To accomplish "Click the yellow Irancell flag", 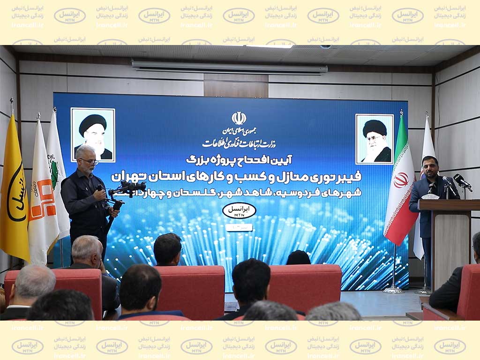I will [14, 197].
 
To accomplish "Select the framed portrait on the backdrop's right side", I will [374, 139].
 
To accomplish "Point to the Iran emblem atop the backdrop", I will [239, 118].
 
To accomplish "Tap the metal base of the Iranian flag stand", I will [393, 289].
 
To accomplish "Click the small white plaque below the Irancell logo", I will [239, 227].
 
